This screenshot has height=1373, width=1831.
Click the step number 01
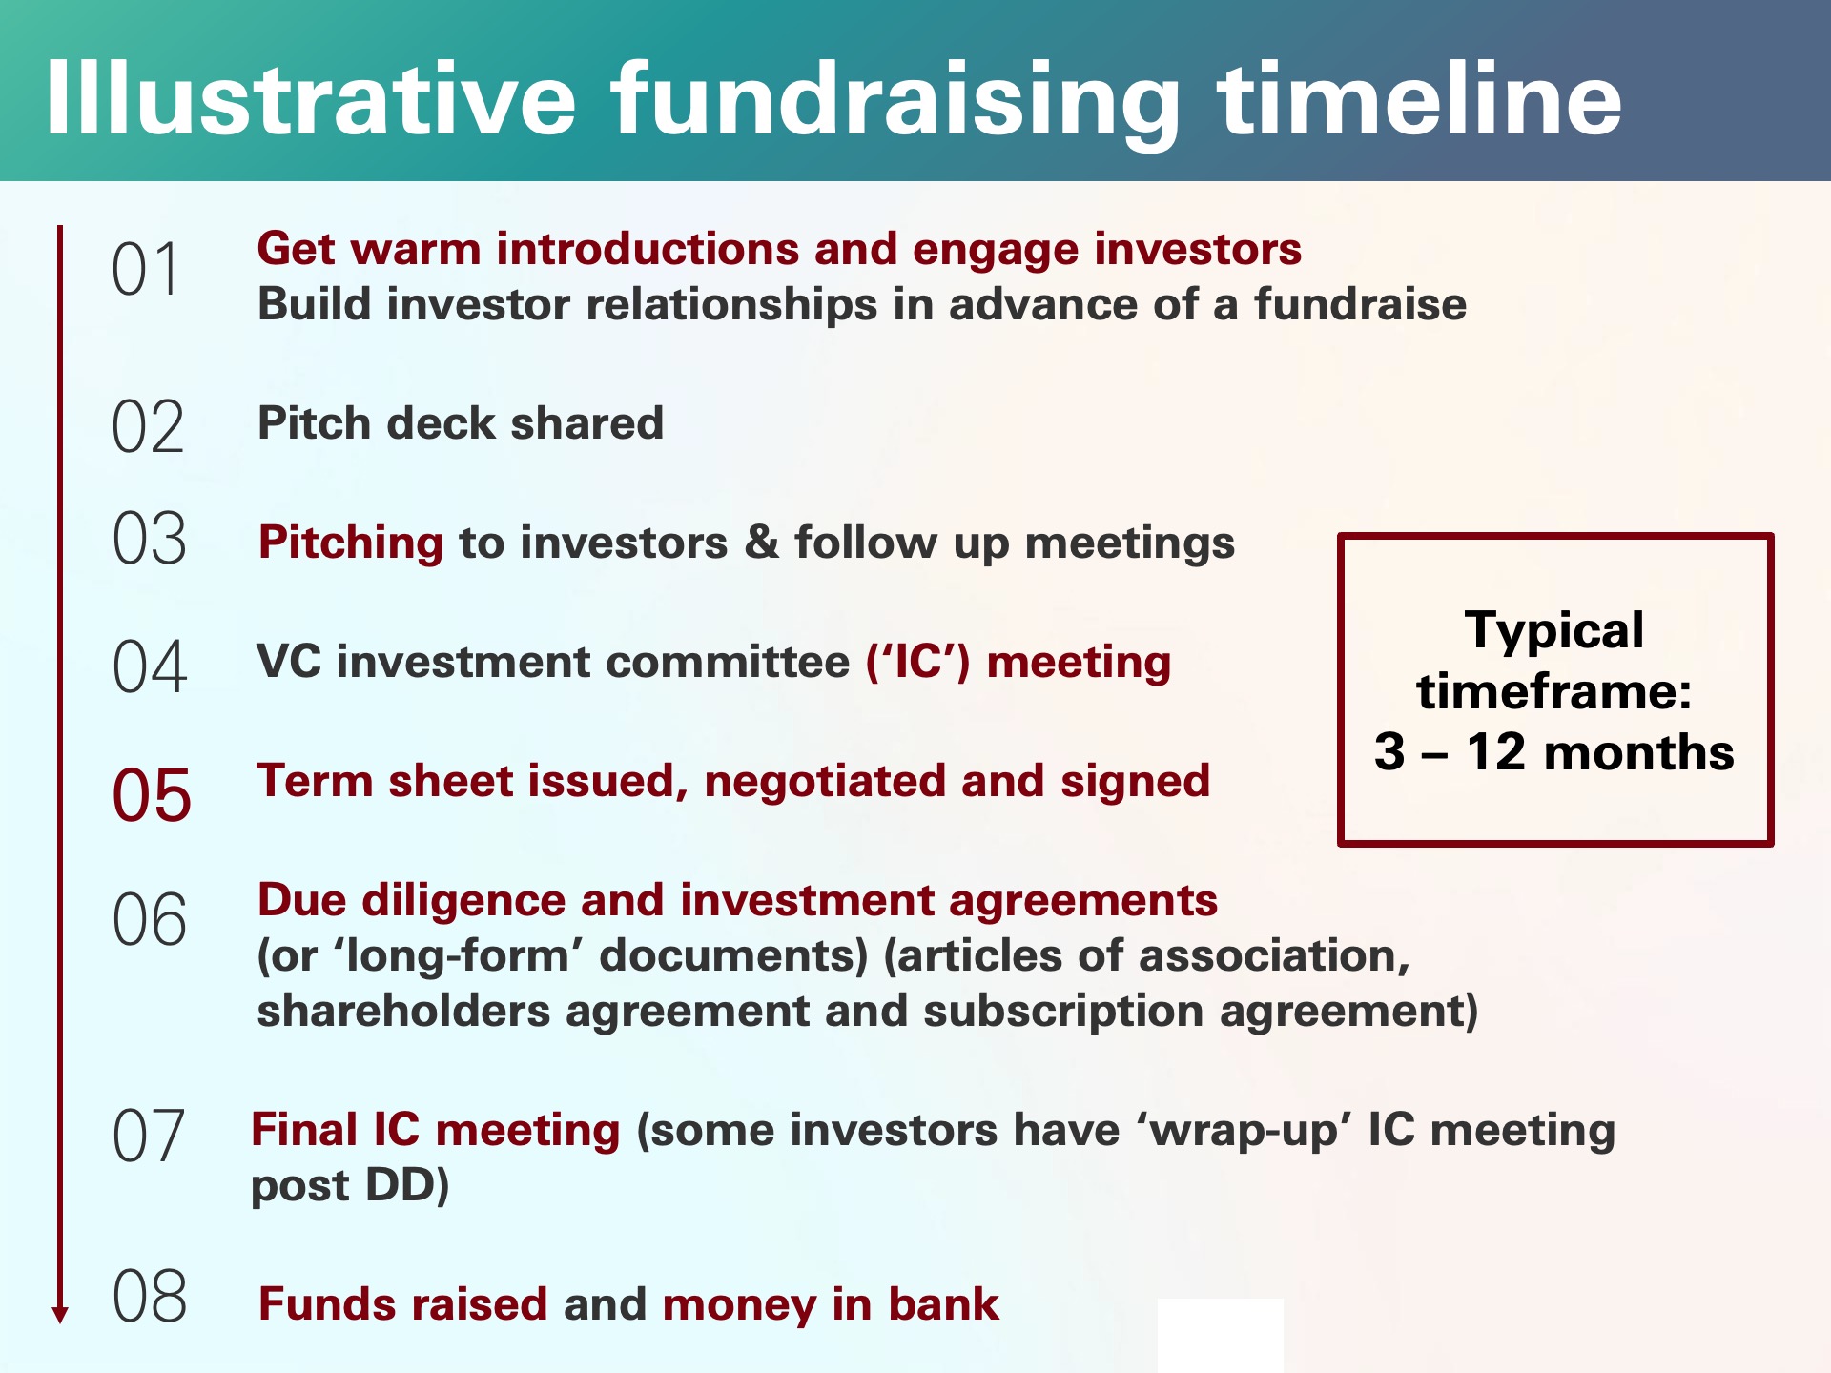(145, 270)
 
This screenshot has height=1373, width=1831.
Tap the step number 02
(148, 427)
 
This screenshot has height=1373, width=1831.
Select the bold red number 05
(152, 795)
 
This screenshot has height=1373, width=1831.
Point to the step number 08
(150, 1297)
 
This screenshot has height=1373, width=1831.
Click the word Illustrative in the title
(311, 99)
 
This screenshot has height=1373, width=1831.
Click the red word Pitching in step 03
(351, 543)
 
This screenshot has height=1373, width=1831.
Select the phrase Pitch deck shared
(461, 423)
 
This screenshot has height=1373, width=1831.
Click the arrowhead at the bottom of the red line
(60, 1314)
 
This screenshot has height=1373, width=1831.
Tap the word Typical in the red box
(1554, 630)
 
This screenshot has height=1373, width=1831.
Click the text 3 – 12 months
(1554, 752)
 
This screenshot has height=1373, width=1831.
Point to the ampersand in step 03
(761, 542)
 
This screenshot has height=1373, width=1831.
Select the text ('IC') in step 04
(917, 662)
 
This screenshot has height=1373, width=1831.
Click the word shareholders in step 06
(403, 1012)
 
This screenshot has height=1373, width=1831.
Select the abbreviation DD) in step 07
(407, 1186)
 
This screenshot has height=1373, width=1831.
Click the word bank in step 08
(943, 1304)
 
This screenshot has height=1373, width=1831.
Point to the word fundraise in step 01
(1360, 305)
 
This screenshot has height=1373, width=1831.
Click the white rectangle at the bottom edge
(1221, 1335)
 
